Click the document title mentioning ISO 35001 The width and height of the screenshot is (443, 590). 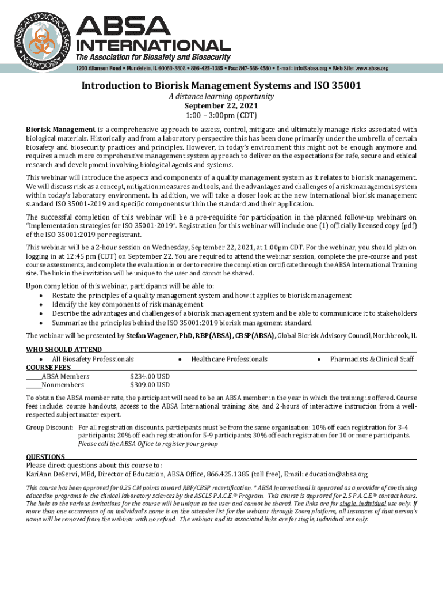221,86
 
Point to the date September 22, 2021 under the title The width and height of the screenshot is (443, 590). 221,106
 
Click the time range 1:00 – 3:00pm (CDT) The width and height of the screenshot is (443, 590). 221,115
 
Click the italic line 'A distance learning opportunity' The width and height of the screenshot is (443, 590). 221,97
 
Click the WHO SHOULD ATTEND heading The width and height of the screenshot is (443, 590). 64,350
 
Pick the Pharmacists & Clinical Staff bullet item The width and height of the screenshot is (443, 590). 372,359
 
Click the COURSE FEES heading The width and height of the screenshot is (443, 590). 49,368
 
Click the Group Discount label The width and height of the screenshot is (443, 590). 50,428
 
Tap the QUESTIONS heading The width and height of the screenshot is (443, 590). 45,456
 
